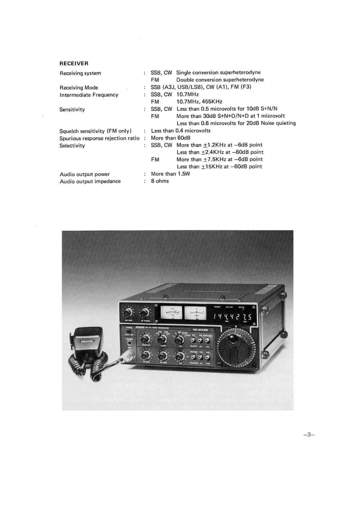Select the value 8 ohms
pos(160,181)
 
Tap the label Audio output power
pos(85,174)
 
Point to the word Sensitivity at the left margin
pos(72,109)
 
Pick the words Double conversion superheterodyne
pos(220,80)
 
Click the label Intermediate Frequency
pos(89,95)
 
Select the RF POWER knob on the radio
pos(145,312)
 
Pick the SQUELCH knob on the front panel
pos(146,338)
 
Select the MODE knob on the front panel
pos(161,339)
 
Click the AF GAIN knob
pos(146,357)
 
